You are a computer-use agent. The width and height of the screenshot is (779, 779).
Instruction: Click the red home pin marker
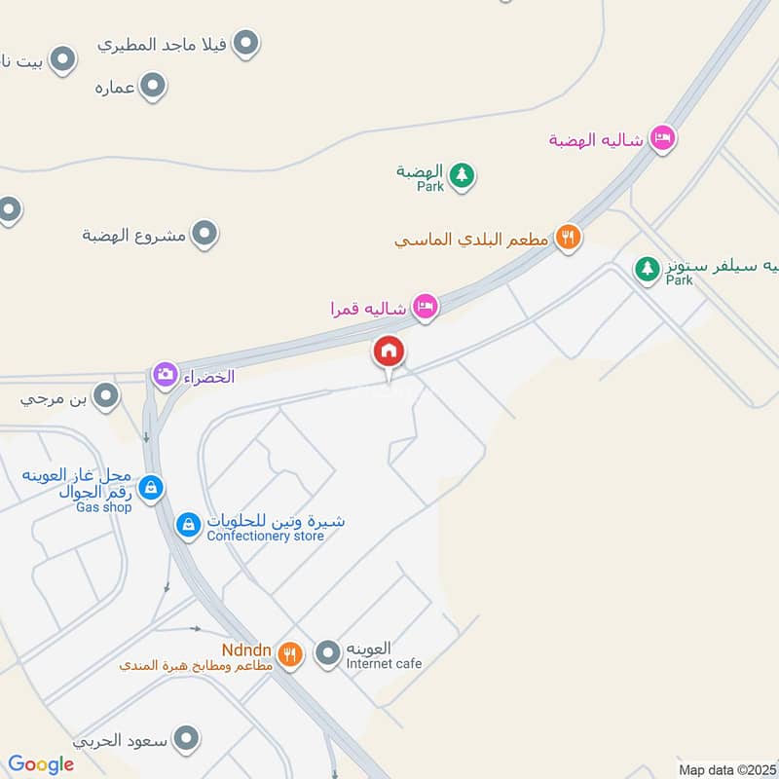[x=389, y=352]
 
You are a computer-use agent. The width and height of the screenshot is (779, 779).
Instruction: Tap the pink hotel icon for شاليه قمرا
[x=425, y=308]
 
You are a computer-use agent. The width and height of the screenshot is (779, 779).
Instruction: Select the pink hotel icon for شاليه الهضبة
[x=662, y=138]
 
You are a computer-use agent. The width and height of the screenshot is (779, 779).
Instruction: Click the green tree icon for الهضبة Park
[x=464, y=175]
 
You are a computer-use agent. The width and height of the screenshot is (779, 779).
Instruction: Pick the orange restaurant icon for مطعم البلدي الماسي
[x=568, y=237]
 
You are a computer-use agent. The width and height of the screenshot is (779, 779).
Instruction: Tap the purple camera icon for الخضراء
[x=165, y=374]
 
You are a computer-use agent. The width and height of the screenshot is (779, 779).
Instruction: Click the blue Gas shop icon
[x=150, y=487]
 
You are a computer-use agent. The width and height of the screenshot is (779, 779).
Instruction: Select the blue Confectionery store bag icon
[x=188, y=525]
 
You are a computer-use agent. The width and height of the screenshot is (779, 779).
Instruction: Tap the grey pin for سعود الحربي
[x=187, y=739]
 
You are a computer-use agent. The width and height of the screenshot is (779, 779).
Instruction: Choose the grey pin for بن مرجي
[x=106, y=396]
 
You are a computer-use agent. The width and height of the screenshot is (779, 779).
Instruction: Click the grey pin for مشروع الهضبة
[x=204, y=234]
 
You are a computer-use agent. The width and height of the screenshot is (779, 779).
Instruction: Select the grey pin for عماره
[x=152, y=88]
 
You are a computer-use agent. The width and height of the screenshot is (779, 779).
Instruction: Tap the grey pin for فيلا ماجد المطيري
[x=247, y=43]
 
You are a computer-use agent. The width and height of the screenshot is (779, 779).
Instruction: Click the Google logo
[x=41, y=764]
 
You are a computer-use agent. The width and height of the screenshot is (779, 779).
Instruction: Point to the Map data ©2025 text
[x=726, y=769]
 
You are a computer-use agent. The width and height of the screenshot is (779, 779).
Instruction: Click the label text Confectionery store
[x=265, y=536]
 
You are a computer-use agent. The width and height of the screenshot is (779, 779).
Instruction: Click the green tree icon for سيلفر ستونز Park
[x=647, y=268]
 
